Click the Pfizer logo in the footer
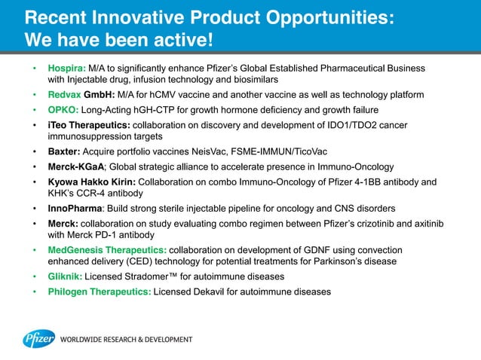point(38,339)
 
